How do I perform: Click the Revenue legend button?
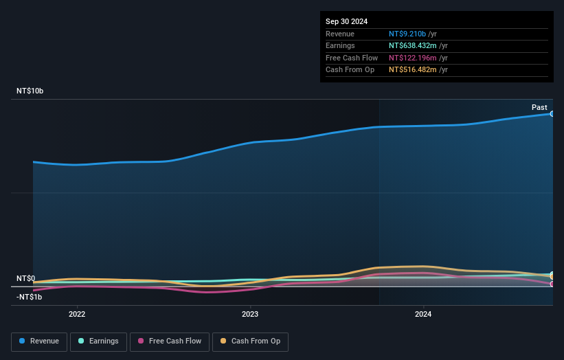point(39,341)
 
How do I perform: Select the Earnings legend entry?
point(98,341)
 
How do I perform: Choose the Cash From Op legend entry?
point(251,341)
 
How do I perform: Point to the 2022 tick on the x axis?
point(77,314)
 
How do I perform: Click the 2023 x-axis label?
point(250,314)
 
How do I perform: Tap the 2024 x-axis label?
point(423,314)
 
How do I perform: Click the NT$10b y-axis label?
point(30,91)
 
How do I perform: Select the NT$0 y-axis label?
point(25,278)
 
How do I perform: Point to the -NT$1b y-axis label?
point(30,297)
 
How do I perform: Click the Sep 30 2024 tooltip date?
point(346,21)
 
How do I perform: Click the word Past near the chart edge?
point(539,107)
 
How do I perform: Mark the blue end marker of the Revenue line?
point(552,114)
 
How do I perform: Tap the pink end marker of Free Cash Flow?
point(552,284)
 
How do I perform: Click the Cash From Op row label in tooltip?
point(350,69)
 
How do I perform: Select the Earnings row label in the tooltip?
point(341,45)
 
